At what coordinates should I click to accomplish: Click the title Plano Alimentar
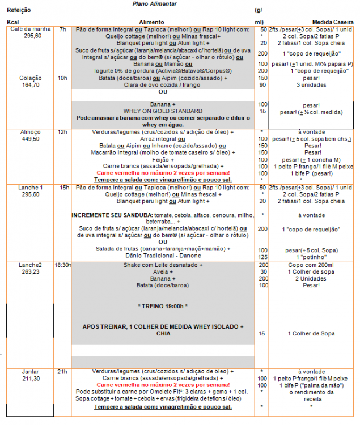(x=154, y=3)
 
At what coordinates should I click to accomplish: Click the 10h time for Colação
(x=62, y=78)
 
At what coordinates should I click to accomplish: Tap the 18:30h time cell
(x=62, y=265)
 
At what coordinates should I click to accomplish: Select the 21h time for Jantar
(x=62, y=372)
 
